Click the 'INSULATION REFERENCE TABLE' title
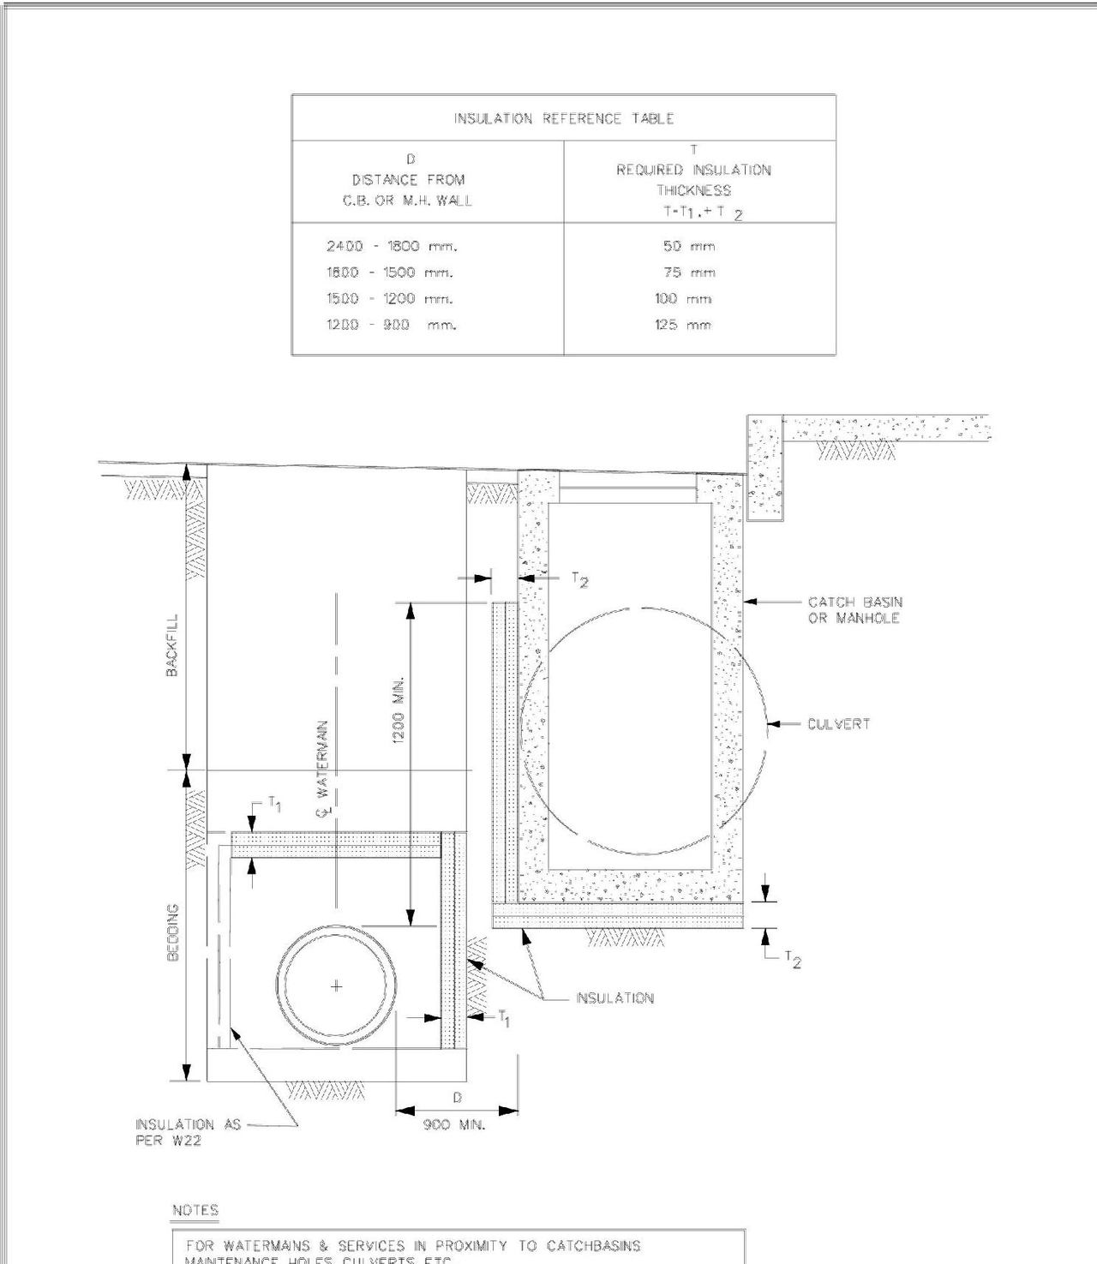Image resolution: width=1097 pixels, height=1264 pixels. (563, 118)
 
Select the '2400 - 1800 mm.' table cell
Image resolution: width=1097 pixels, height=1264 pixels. (392, 247)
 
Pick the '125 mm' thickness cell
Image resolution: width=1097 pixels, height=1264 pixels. (683, 325)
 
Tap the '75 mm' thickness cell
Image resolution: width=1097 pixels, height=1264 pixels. (688, 273)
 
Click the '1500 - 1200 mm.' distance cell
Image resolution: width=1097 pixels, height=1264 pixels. (389, 299)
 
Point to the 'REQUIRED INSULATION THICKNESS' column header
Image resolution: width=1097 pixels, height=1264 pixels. (693, 180)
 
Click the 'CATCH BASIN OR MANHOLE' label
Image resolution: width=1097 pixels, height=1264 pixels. (854, 610)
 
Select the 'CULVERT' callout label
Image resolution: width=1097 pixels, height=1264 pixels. (838, 724)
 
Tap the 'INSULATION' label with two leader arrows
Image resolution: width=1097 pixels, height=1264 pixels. (614, 998)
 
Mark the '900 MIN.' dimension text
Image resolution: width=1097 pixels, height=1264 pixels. (453, 1124)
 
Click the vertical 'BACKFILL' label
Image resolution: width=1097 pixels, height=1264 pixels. (172, 644)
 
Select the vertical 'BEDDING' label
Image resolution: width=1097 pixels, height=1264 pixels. (172, 932)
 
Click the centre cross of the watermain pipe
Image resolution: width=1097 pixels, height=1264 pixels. (336, 986)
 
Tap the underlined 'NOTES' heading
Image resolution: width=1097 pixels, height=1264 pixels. (195, 1210)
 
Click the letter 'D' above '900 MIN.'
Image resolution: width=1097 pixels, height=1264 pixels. (457, 1098)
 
